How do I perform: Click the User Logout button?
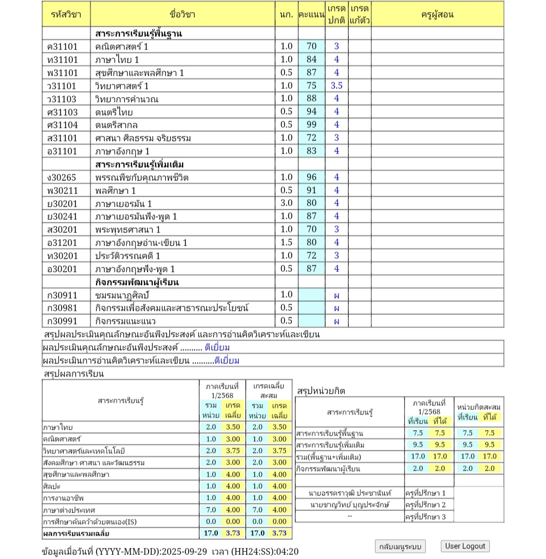click(465, 546)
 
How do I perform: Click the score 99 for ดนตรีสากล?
click(311, 125)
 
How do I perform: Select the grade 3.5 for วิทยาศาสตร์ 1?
click(337, 85)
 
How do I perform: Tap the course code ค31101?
click(62, 46)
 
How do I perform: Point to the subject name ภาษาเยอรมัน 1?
click(123, 204)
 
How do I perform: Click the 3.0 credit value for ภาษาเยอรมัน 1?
click(286, 203)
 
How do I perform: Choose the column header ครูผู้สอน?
click(437, 14)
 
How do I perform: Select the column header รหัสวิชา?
click(66, 14)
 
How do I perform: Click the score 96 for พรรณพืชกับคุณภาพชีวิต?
click(311, 177)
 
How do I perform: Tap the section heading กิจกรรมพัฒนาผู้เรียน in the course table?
click(136, 282)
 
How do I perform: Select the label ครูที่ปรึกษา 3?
click(426, 517)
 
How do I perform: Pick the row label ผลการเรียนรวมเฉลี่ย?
click(76, 533)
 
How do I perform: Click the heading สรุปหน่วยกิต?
click(322, 391)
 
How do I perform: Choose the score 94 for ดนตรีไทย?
click(311, 112)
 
